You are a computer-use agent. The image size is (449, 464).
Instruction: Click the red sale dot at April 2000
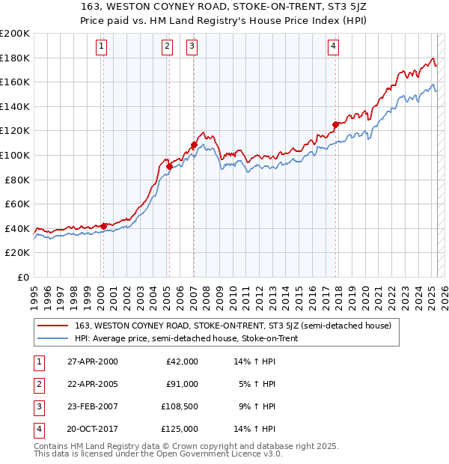[103, 225]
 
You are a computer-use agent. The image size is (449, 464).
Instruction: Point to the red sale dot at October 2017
[335, 125]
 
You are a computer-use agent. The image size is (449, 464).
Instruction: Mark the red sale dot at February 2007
[194, 144]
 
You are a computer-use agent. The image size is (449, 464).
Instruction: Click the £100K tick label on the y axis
[15, 155]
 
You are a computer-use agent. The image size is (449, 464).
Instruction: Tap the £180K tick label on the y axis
[15, 58]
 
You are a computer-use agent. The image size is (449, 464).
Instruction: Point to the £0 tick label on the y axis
[22, 277]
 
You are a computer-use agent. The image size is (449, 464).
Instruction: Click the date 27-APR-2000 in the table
[93, 361]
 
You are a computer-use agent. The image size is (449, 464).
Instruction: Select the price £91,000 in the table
[182, 384]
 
